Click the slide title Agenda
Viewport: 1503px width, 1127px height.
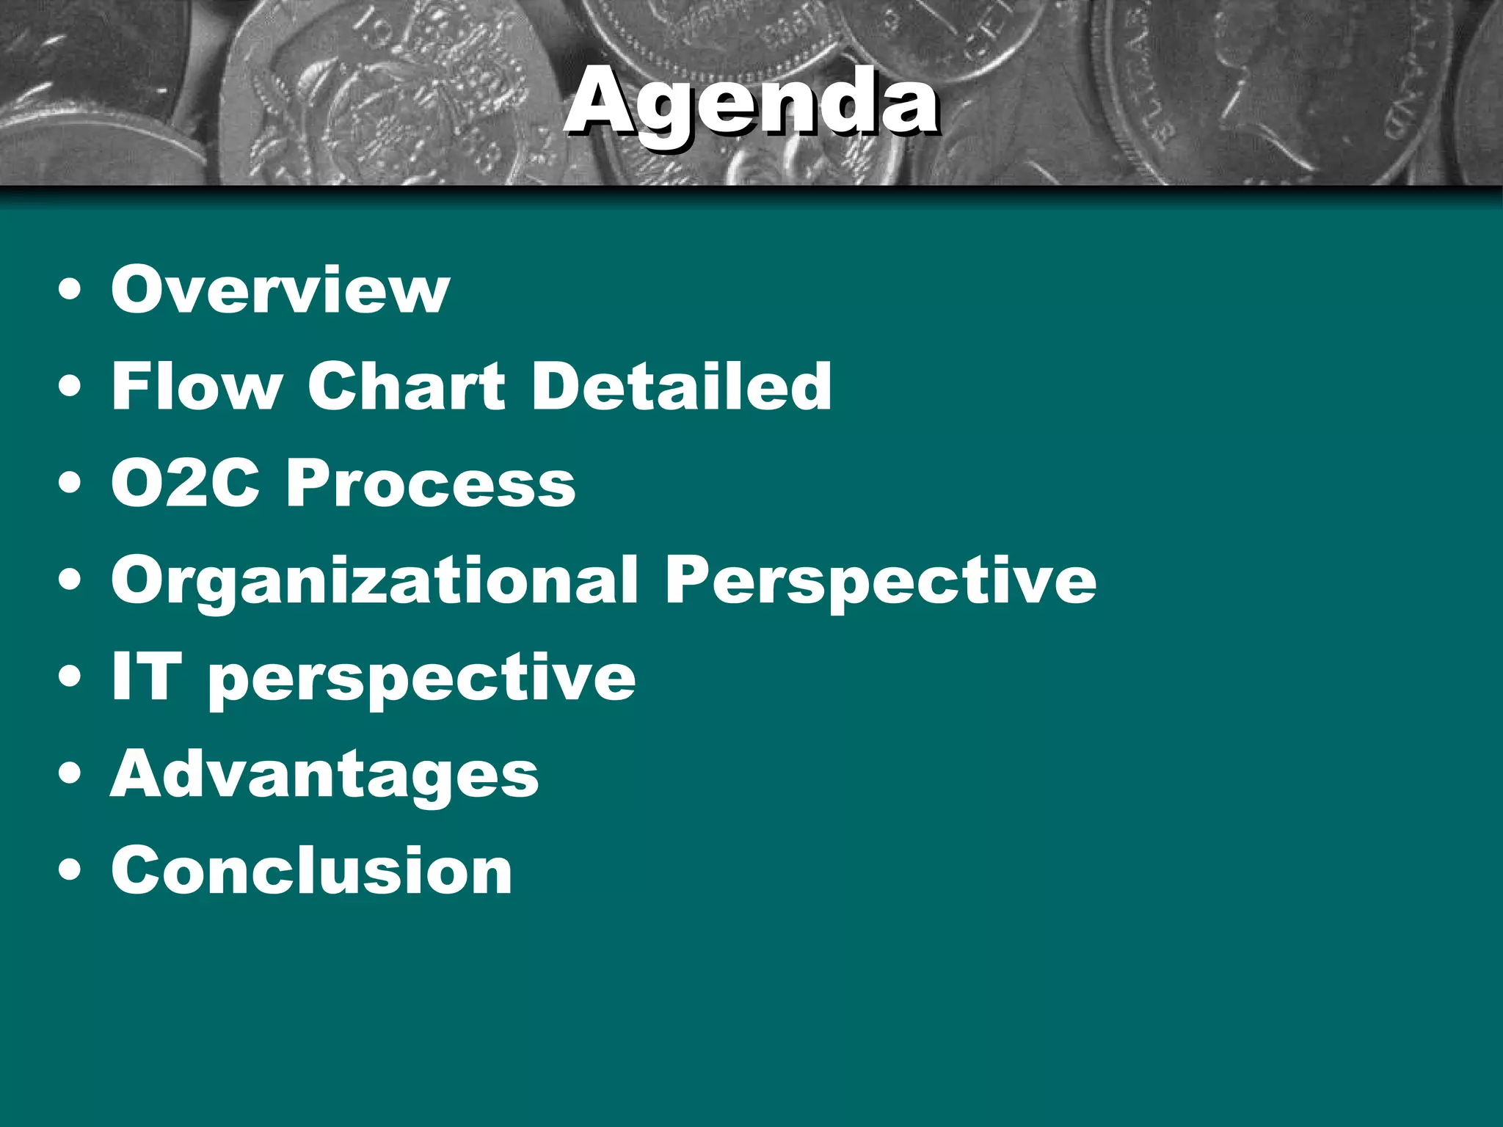pos(750,103)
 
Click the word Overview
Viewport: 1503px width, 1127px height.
pos(280,290)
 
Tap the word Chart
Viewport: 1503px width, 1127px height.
pos(406,387)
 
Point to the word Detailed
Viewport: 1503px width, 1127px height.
pos(681,387)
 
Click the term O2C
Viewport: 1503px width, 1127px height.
pos(186,484)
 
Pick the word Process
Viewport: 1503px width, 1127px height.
pos(431,484)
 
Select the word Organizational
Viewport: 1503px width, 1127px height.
pos(374,581)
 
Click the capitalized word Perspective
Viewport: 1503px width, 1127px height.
pos(880,581)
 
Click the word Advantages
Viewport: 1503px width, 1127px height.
pos(324,775)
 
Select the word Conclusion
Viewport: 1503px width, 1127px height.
pos(311,871)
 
